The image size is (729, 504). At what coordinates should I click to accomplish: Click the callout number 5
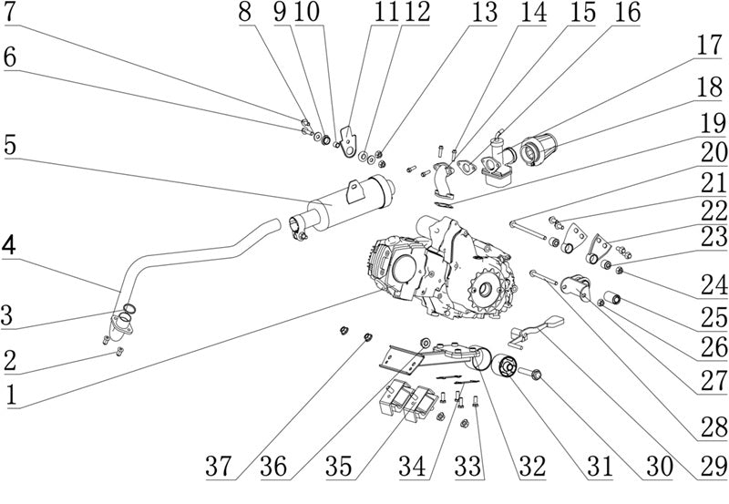pos(10,145)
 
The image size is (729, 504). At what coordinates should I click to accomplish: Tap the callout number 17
pos(709,46)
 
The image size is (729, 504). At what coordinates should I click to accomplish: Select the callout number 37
pos(219,466)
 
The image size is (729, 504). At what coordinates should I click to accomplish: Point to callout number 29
pos(714,466)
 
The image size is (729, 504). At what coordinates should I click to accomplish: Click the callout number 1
pos(11,396)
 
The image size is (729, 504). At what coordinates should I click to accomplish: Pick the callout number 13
pos(485,12)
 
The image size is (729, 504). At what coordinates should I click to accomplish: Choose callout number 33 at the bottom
pos(468,466)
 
